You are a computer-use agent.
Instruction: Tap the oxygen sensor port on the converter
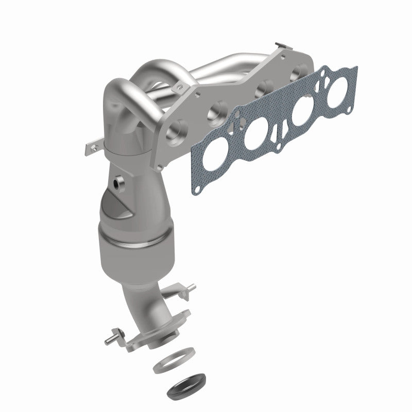pyautogui.click(x=119, y=182)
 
